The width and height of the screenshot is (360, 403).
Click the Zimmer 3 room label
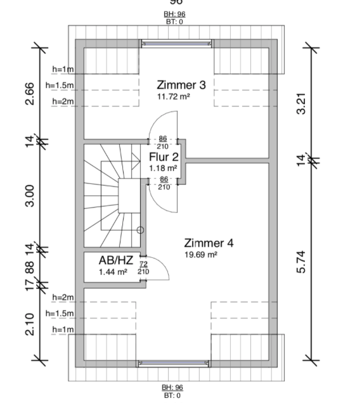[181, 85]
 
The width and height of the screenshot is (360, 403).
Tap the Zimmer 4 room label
[209, 243]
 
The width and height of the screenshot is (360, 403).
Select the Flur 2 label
[164, 157]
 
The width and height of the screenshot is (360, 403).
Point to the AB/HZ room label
[116, 260]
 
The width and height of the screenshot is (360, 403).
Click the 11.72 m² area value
[174, 97]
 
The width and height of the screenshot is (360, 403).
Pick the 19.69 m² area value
[201, 255]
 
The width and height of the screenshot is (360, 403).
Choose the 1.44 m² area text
[113, 272]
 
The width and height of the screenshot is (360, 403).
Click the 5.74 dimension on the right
[301, 262]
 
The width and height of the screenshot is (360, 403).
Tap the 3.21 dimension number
[301, 103]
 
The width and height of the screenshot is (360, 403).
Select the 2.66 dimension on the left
[30, 94]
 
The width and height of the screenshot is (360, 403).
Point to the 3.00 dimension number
[30, 196]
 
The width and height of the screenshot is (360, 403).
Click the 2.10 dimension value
[30, 324]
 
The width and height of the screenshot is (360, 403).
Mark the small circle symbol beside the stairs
[140, 230]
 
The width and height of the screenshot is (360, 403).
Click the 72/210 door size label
[143, 268]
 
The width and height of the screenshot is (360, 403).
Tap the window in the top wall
[176, 44]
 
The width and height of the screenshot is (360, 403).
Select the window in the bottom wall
[173, 363]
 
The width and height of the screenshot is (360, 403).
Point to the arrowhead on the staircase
[136, 161]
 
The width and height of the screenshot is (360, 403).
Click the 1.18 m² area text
[163, 168]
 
